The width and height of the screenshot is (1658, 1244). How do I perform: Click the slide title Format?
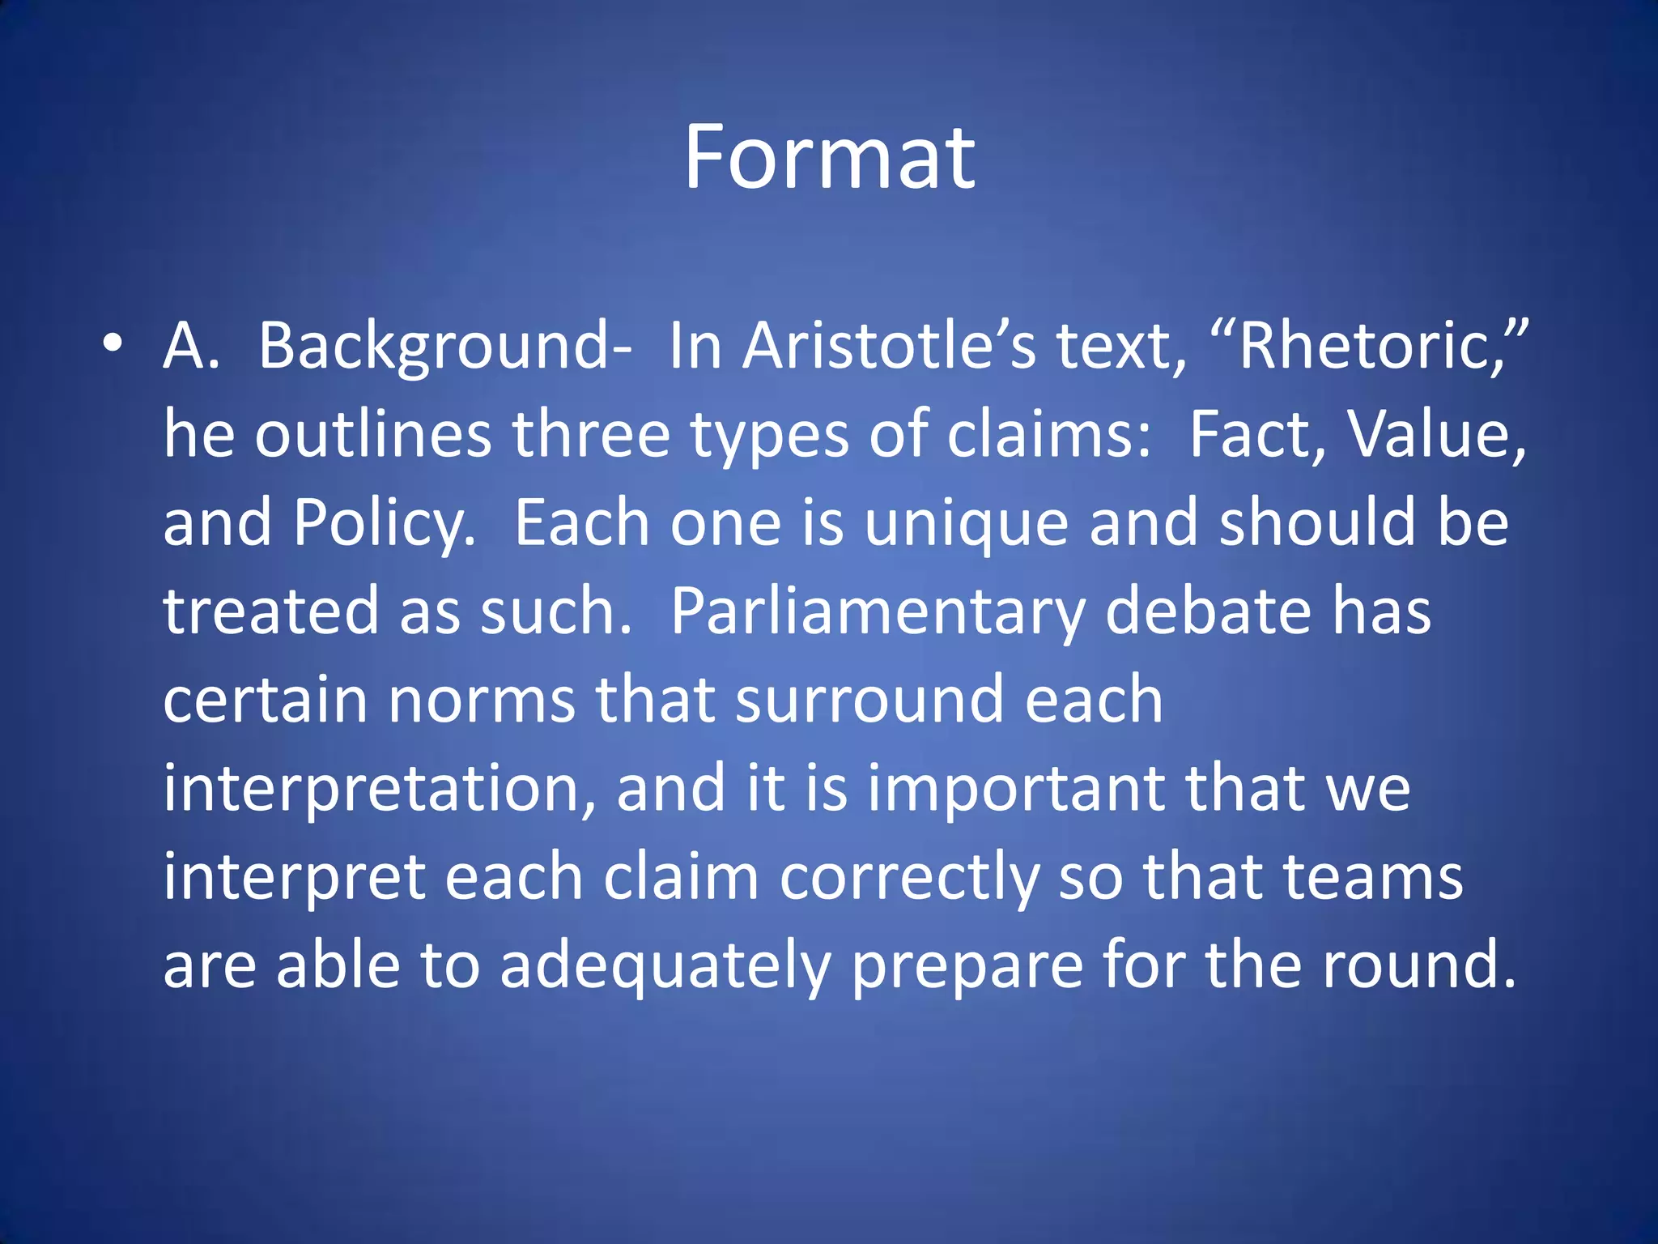coord(829,158)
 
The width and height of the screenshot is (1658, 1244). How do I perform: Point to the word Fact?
coord(1257,435)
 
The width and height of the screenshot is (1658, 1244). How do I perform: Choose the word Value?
coord(1435,435)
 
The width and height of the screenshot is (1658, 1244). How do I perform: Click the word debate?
coord(1207,611)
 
